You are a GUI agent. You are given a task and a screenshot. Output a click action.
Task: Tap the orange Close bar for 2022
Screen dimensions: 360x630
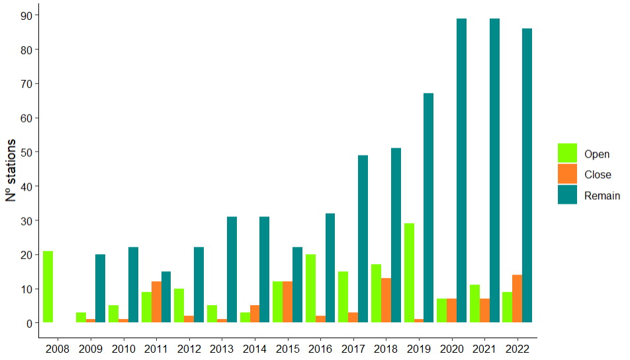pyautogui.click(x=517, y=298)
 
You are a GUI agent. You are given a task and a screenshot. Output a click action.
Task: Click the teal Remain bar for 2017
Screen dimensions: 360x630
pyautogui.click(x=363, y=239)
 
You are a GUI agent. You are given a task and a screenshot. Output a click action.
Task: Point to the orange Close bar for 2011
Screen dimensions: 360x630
pyautogui.click(x=156, y=302)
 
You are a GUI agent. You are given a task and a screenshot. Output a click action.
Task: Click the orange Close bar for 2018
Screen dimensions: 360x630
pyautogui.click(x=386, y=300)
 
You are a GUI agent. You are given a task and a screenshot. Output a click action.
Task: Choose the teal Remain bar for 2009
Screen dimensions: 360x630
pyautogui.click(x=100, y=289)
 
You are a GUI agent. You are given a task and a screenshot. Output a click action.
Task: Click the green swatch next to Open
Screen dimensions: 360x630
pyautogui.click(x=567, y=154)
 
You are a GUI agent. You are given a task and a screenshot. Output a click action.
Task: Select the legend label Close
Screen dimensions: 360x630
pyautogui.click(x=598, y=175)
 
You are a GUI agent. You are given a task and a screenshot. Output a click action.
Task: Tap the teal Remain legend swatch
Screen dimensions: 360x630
pyautogui.click(x=567, y=195)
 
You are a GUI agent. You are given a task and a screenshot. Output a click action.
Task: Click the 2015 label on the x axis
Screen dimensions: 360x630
pyautogui.click(x=287, y=347)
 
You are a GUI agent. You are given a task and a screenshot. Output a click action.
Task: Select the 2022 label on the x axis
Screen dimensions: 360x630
pyautogui.click(x=517, y=347)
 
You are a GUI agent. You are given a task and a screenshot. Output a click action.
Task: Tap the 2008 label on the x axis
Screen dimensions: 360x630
pyautogui.click(x=58, y=347)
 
